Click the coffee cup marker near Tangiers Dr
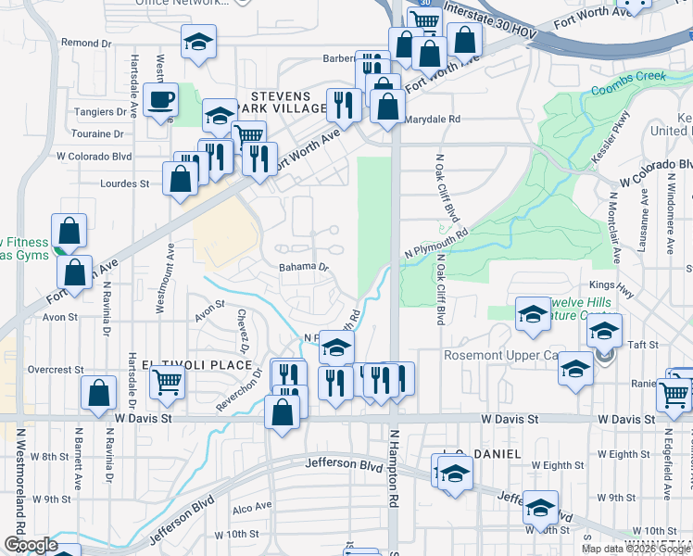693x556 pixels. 163,101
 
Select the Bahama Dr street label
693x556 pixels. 305,267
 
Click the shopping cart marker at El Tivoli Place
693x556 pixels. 167,381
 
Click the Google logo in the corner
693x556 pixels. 30,545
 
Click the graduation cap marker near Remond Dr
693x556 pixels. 197,44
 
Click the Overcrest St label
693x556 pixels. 55,369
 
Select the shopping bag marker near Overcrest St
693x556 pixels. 98,393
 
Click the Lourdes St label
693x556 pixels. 124,183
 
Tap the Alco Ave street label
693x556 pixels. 251,507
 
